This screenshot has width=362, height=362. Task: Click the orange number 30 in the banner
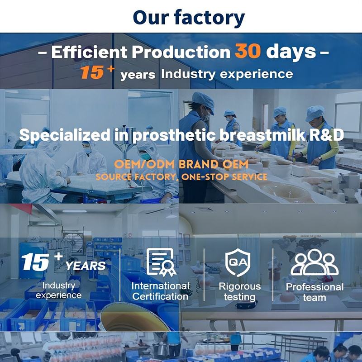click(248, 51)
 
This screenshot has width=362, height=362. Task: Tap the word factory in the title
click(210, 18)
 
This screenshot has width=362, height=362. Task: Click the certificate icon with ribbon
click(161, 262)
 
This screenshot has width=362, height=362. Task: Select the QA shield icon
click(238, 262)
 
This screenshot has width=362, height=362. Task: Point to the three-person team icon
click(314, 262)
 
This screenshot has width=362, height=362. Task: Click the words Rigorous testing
click(240, 291)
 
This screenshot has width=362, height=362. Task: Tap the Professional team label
click(314, 292)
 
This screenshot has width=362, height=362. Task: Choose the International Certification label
click(161, 291)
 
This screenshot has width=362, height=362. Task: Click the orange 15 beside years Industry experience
click(92, 72)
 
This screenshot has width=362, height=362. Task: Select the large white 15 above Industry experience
click(35, 262)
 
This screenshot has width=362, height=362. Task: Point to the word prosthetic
click(174, 135)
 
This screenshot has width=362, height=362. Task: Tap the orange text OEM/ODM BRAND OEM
click(181, 164)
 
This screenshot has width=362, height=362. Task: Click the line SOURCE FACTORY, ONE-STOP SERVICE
click(181, 177)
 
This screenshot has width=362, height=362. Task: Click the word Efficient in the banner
click(89, 52)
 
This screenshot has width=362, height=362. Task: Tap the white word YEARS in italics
click(86, 266)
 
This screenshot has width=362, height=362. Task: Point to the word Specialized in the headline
click(65, 135)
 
